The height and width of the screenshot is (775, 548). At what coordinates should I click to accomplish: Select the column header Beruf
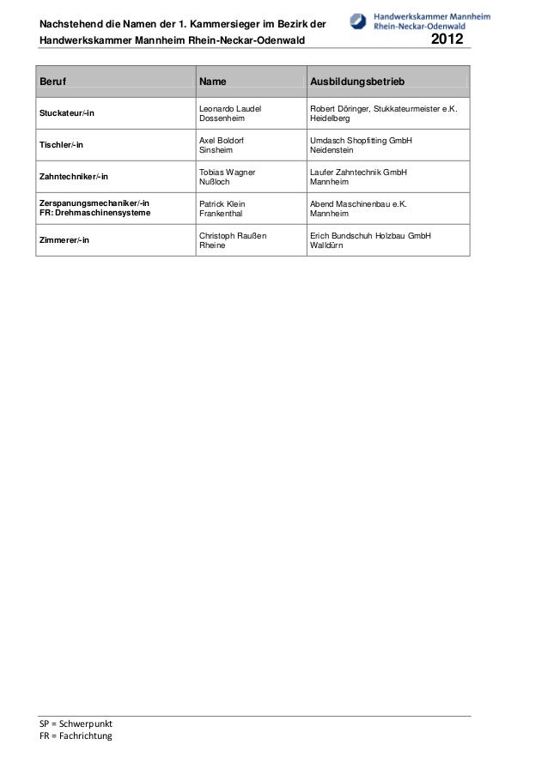[x=53, y=82]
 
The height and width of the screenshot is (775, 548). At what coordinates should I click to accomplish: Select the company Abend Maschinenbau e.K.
[x=358, y=203]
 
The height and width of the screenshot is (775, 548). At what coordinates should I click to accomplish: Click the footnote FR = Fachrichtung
[x=70, y=736]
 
